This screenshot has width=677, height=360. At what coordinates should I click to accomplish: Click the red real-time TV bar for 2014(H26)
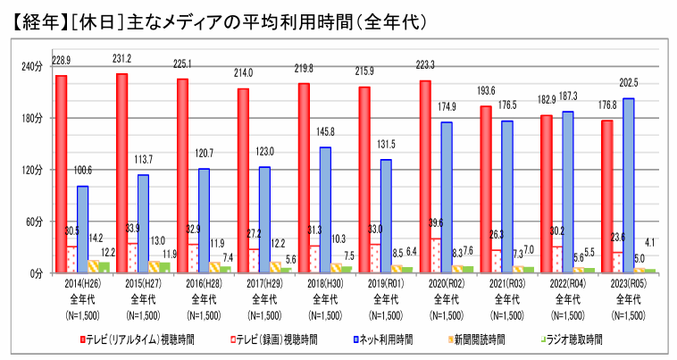(x=61, y=174)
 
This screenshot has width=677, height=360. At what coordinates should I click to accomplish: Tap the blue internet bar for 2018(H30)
(x=325, y=210)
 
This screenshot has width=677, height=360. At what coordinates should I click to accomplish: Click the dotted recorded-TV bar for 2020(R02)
(x=436, y=255)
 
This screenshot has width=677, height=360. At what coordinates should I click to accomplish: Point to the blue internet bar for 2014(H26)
(x=82, y=229)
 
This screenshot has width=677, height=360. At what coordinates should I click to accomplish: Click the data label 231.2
(x=121, y=58)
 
